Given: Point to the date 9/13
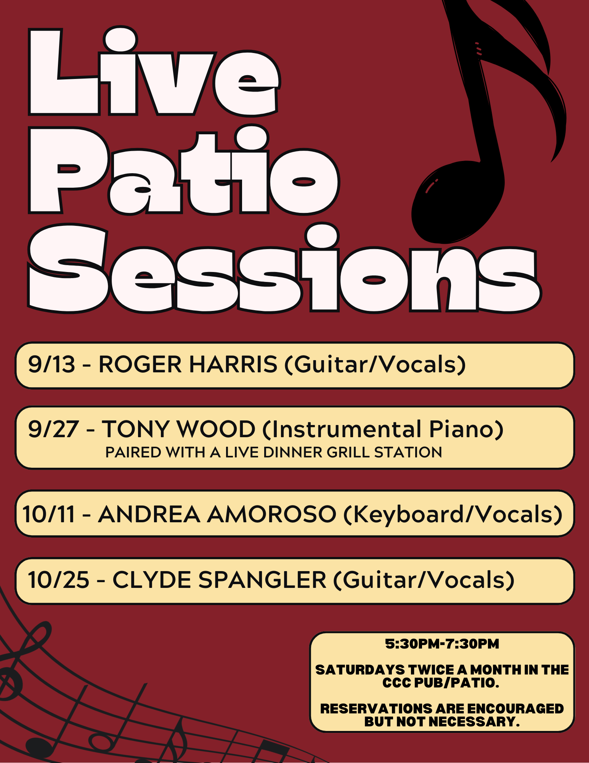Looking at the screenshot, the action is [51, 364].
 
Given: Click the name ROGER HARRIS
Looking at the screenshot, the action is [188, 364].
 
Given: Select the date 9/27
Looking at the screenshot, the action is [53, 429].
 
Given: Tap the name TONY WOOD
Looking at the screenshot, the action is [178, 429].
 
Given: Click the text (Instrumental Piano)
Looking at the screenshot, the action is [383, 429].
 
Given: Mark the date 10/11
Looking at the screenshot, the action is [49, 514].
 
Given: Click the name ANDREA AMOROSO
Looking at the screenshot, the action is [217, 514].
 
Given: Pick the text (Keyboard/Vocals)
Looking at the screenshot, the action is [453, 514].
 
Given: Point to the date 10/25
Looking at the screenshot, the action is [59, 580].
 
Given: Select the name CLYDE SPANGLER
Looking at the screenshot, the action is [219, 580].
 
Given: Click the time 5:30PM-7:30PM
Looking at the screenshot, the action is [442, 644].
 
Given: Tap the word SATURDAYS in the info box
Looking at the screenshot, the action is [360, 670].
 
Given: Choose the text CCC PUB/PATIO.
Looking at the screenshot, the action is [441, 683].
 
